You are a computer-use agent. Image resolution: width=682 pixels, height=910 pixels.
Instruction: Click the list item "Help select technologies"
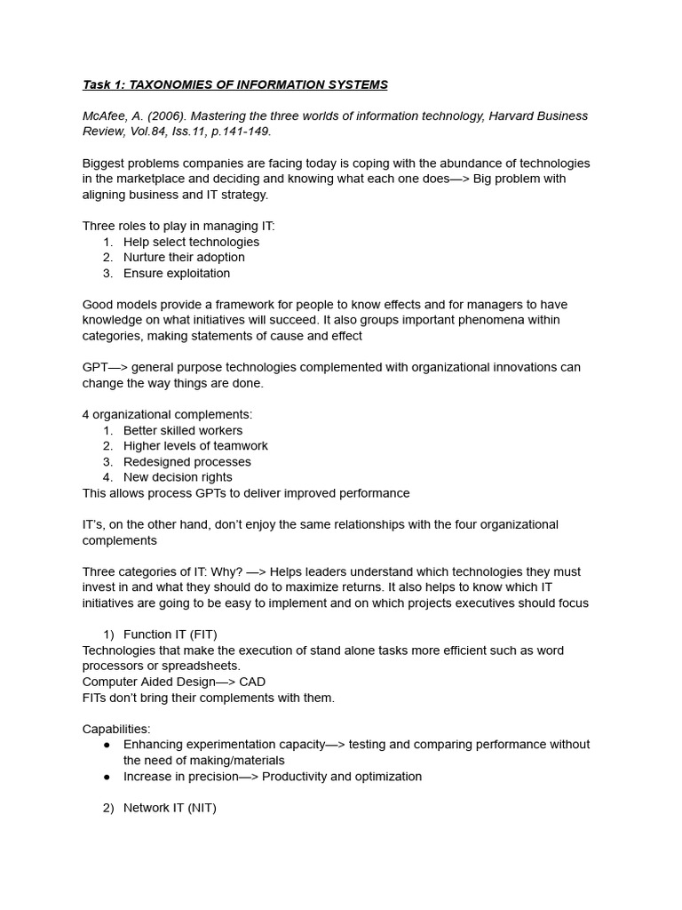pos(191,242)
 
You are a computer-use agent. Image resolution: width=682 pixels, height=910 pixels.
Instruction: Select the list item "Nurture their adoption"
pos(184,258)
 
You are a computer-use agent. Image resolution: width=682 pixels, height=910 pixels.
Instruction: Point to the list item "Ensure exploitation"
pos(177,274)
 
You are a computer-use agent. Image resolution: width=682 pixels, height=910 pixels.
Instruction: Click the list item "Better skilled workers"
pos(183,430)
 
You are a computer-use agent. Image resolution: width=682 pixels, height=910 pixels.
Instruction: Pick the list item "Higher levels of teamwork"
pos(195,446)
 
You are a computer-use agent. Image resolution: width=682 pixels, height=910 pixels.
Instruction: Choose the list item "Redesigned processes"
pos(187,462)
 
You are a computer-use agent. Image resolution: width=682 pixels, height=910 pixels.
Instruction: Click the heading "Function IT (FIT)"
pos(170,635)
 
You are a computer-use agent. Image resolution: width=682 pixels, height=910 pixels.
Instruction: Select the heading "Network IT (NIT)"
pos(170,808)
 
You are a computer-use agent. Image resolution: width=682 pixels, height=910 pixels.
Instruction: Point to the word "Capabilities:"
pos(116,729)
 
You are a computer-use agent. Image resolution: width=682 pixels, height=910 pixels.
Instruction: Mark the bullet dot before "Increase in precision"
pos(107,777)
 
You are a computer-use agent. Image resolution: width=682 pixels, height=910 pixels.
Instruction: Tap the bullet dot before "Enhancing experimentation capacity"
pos(107,745)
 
